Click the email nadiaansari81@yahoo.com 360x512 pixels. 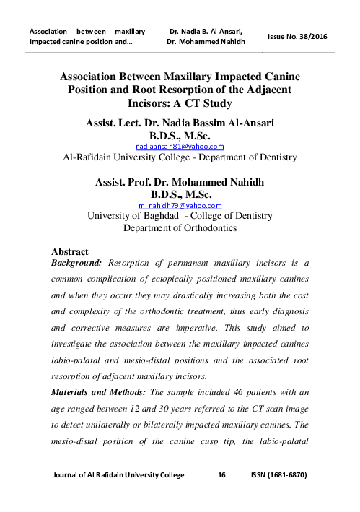[180, 145]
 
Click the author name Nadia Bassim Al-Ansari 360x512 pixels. [214, 123]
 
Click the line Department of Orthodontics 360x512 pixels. [180, 227]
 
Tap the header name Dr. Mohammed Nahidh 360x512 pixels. [206, 42]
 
